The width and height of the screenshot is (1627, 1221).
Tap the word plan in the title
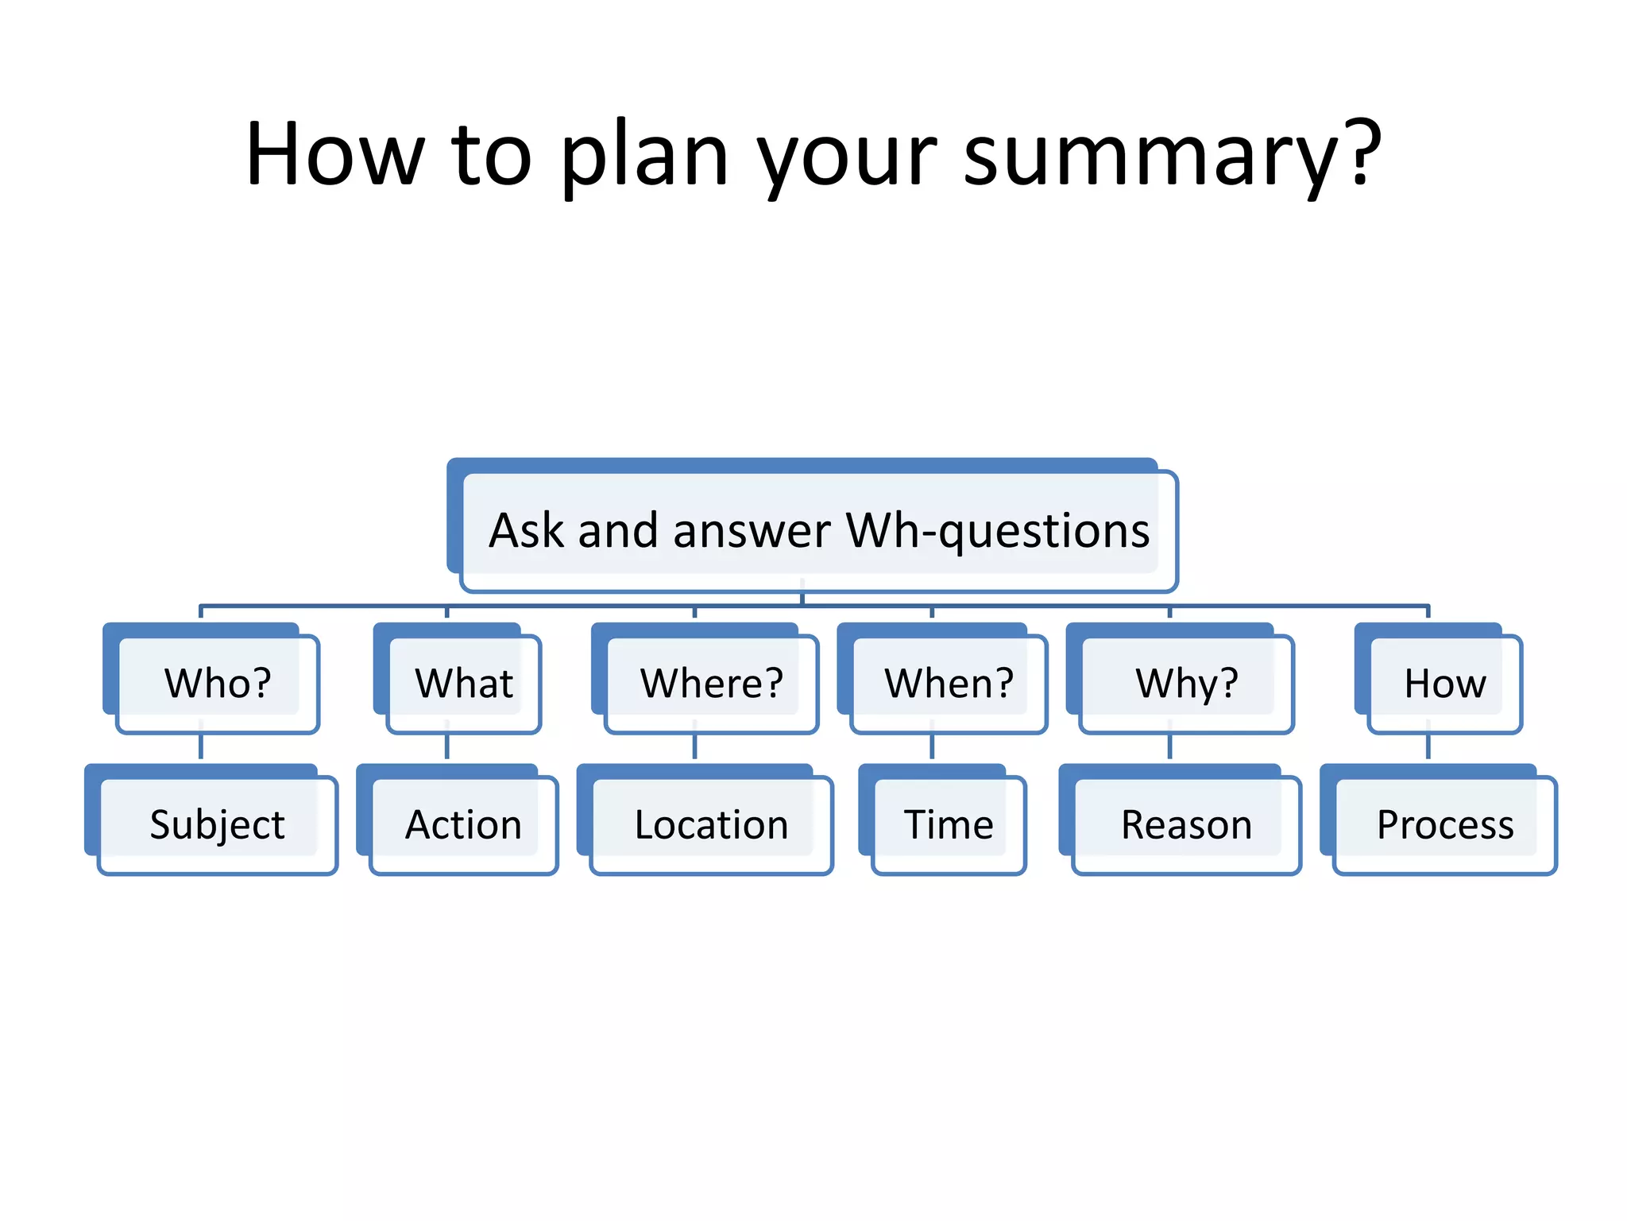pyautogui.click(x=643, y=155)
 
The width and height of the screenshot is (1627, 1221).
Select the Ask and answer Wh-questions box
pyautogui.click(x=818, y=531)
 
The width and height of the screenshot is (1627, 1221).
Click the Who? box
pyautogui.click(x=217, y=683)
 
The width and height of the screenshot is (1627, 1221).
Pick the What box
pyautogui.click(x=464, y=683)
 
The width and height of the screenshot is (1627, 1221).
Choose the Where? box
pyautogui.click(x=711, y=683)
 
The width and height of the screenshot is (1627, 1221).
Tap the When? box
pyautogui.click(x=949, y=683)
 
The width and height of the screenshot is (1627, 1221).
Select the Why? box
pyautogui.click(x=1186, y=683)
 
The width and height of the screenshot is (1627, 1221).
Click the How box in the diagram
pyautogui.click(x=1444, y=683)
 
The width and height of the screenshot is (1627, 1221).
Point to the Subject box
pyautogui.click(x=217, y=824)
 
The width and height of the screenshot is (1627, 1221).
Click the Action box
pyautogui.click(x=464, y=824)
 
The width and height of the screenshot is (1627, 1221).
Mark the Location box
pyautogui.click(x=711, y=824)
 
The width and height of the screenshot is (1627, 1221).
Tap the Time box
pyautogui.click(x=949, y=824)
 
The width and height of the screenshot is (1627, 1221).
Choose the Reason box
pyautogui.click(x=1186, y=824)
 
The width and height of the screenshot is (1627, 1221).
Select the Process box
pyautogui.click(x=1444, y=824)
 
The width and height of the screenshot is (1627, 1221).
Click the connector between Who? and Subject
pyautogui.click(x=201, y=747)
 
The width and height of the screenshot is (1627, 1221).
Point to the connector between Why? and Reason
pyautogui.click(x=1169, y=747)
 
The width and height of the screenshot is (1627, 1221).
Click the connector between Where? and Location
pyautogui.click(x=694, y=747)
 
